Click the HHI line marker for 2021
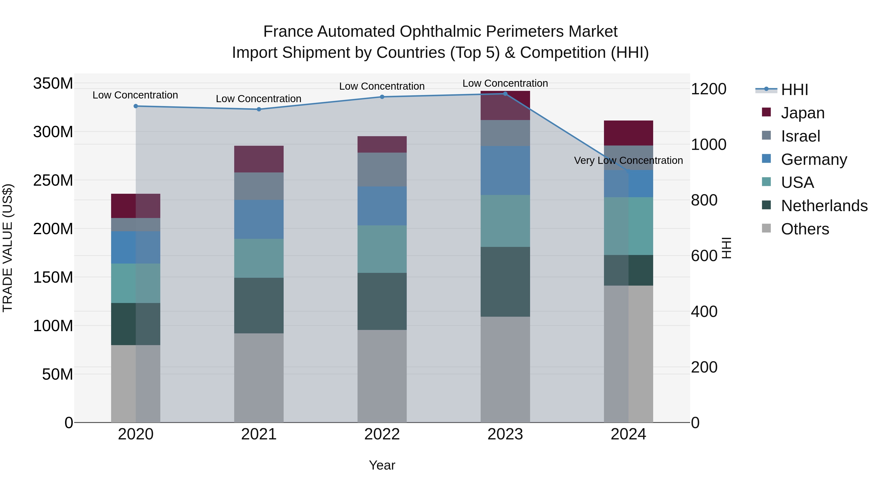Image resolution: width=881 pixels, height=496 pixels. (259, 109)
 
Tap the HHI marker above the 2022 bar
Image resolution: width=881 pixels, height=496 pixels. (382, 97)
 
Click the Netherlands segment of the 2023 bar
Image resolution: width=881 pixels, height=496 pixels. (505, 281)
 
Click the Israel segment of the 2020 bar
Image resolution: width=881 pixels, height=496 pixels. (136, 225)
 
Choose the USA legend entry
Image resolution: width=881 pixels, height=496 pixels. (797, 182)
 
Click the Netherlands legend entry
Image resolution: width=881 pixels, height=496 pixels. (823, 206)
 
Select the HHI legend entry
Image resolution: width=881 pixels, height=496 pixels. (794, 90)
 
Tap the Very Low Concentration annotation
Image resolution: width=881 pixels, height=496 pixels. (628, 160)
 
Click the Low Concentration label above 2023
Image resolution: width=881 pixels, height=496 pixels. (505, 83)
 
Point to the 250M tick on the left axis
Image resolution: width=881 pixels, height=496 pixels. (53, 180)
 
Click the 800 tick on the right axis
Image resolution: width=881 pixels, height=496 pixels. (704, 200)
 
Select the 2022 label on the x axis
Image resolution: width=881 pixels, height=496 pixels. (382, 434)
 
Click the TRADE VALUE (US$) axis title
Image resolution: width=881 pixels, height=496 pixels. (8, 248)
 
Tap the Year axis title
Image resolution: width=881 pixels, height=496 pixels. (382, 465)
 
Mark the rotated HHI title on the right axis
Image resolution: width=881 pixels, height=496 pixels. (726, 248)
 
